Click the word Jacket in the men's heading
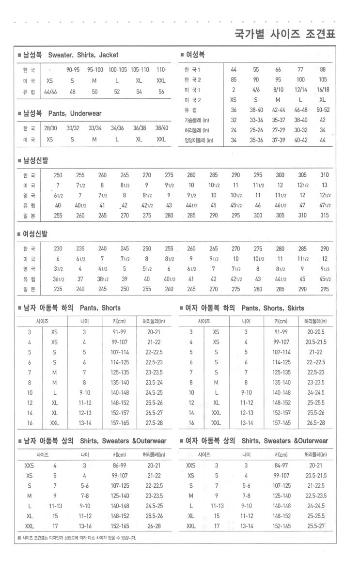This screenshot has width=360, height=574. point(108,55)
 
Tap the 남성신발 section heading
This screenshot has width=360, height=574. point(35,160)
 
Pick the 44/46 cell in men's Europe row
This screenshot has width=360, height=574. point(50,92)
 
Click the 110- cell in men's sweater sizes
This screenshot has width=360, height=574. point(161,69)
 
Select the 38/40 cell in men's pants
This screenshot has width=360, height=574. point(161,128)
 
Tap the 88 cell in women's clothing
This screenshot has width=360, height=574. point(323,69)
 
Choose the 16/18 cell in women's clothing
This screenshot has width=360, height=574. point(323,90)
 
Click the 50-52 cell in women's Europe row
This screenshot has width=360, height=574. point(323,110)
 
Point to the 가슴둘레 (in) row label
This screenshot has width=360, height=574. point(196,120)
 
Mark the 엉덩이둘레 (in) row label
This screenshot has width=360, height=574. point(199,140)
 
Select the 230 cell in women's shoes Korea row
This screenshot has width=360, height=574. point(58,248)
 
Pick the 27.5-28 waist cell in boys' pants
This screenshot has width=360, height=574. point(154,423)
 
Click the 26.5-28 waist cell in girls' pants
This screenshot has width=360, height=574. point(315,423)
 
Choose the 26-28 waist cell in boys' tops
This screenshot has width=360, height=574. point(154,526)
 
